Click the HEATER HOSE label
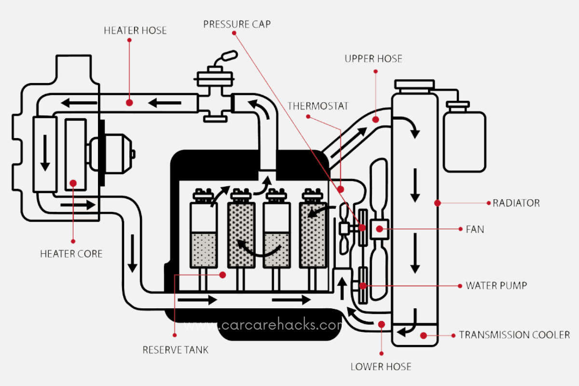coord(135,30)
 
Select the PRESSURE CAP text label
coord(237,24)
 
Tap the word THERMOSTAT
coord(317,106)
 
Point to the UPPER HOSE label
coord(373,59)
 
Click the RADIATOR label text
coord(516,203)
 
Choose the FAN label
coord(475,230)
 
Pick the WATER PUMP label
coord(496,286)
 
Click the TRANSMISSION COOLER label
coord(514,335)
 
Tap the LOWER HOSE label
coord(381,367)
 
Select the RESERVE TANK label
coord(176,350)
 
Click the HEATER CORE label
coord(71,253)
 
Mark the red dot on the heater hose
coord(129,102)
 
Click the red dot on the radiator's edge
coord(437,203)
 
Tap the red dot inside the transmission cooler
coord(423,335)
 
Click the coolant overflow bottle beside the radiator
coord(464,140)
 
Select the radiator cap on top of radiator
coord(414,85)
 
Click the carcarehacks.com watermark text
coord(263,326)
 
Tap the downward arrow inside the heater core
coord(45,152)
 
